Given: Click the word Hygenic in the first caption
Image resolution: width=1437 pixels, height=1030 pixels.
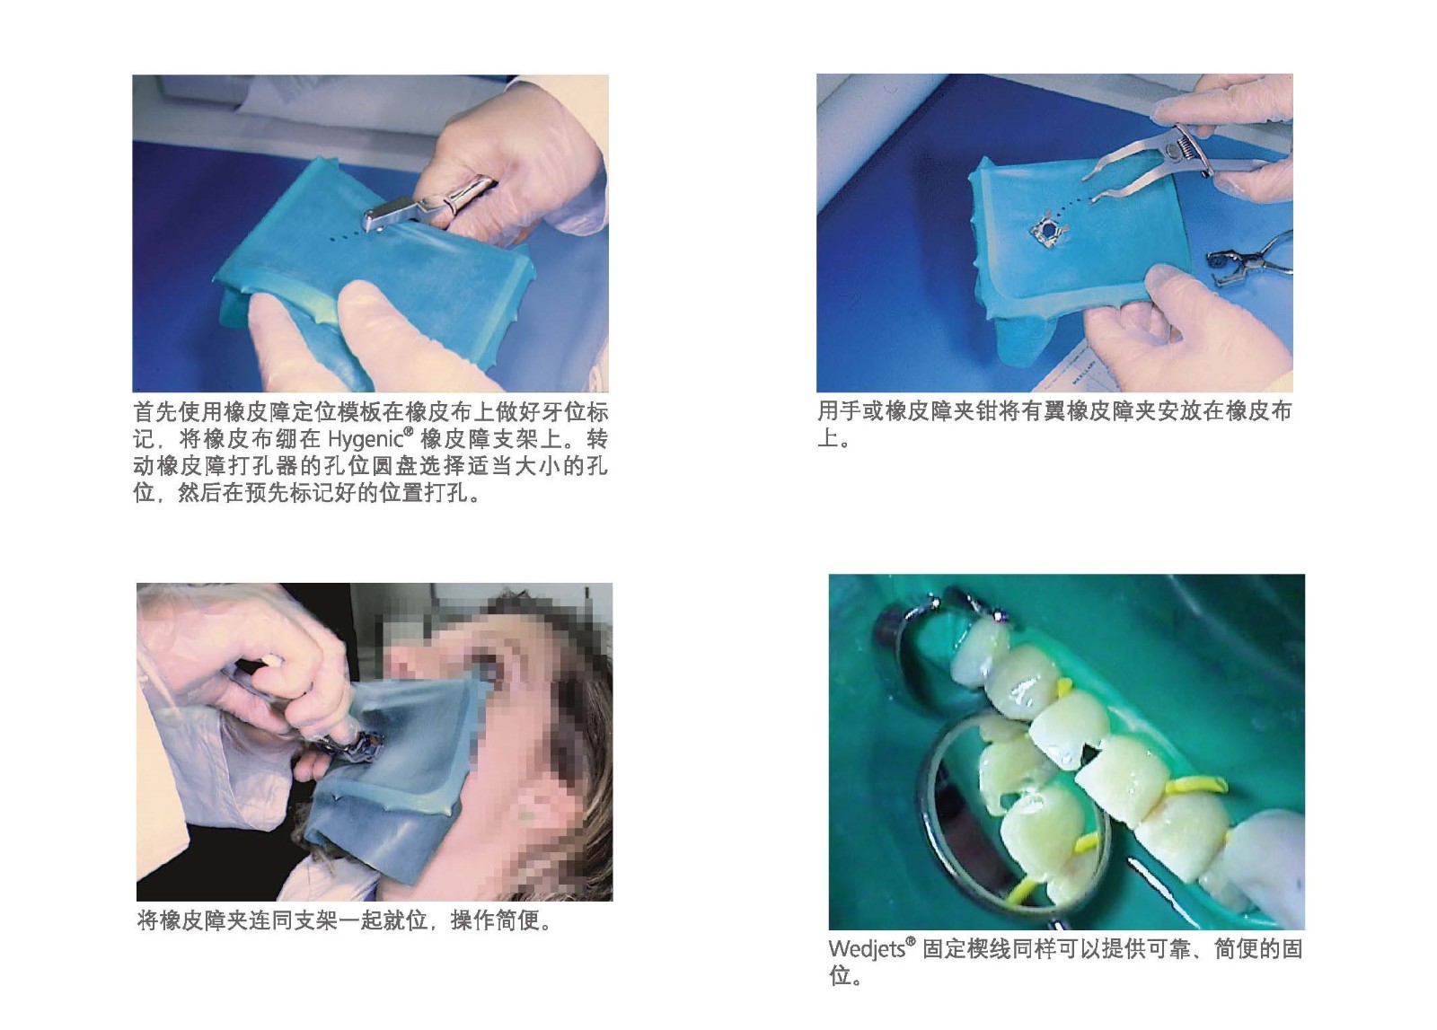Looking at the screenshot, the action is [x=366, y=439].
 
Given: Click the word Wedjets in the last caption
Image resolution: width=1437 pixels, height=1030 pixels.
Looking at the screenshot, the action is [x=866, y=948].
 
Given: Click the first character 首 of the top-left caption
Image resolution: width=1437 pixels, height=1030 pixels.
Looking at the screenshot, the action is [x=145, y=412].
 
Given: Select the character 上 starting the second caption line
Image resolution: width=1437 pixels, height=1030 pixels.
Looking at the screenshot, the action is [x=827, y=439].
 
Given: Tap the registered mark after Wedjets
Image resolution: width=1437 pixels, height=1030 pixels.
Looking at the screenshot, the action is [x=910, y=941].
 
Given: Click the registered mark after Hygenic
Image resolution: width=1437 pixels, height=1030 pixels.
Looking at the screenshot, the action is [x=409, y=431].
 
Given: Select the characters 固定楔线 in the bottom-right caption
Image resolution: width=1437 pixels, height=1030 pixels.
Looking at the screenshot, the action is [x=966, y=948].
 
